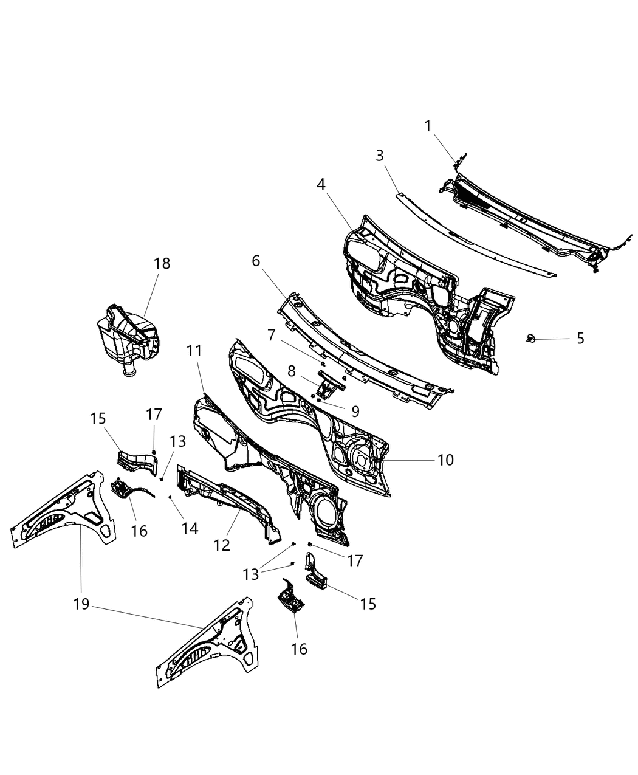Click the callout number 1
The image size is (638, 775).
coord(428,126)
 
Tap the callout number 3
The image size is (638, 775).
coord(380,156)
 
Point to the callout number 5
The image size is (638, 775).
coord(580,338)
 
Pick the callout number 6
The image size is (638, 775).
coord(255,261)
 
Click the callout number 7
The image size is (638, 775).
coord(271,335)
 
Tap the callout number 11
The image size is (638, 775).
coord(194,351)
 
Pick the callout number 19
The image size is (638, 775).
coord(81,604)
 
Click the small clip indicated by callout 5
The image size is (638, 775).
coord(531,337)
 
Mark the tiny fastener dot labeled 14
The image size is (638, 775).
coord(170,497)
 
